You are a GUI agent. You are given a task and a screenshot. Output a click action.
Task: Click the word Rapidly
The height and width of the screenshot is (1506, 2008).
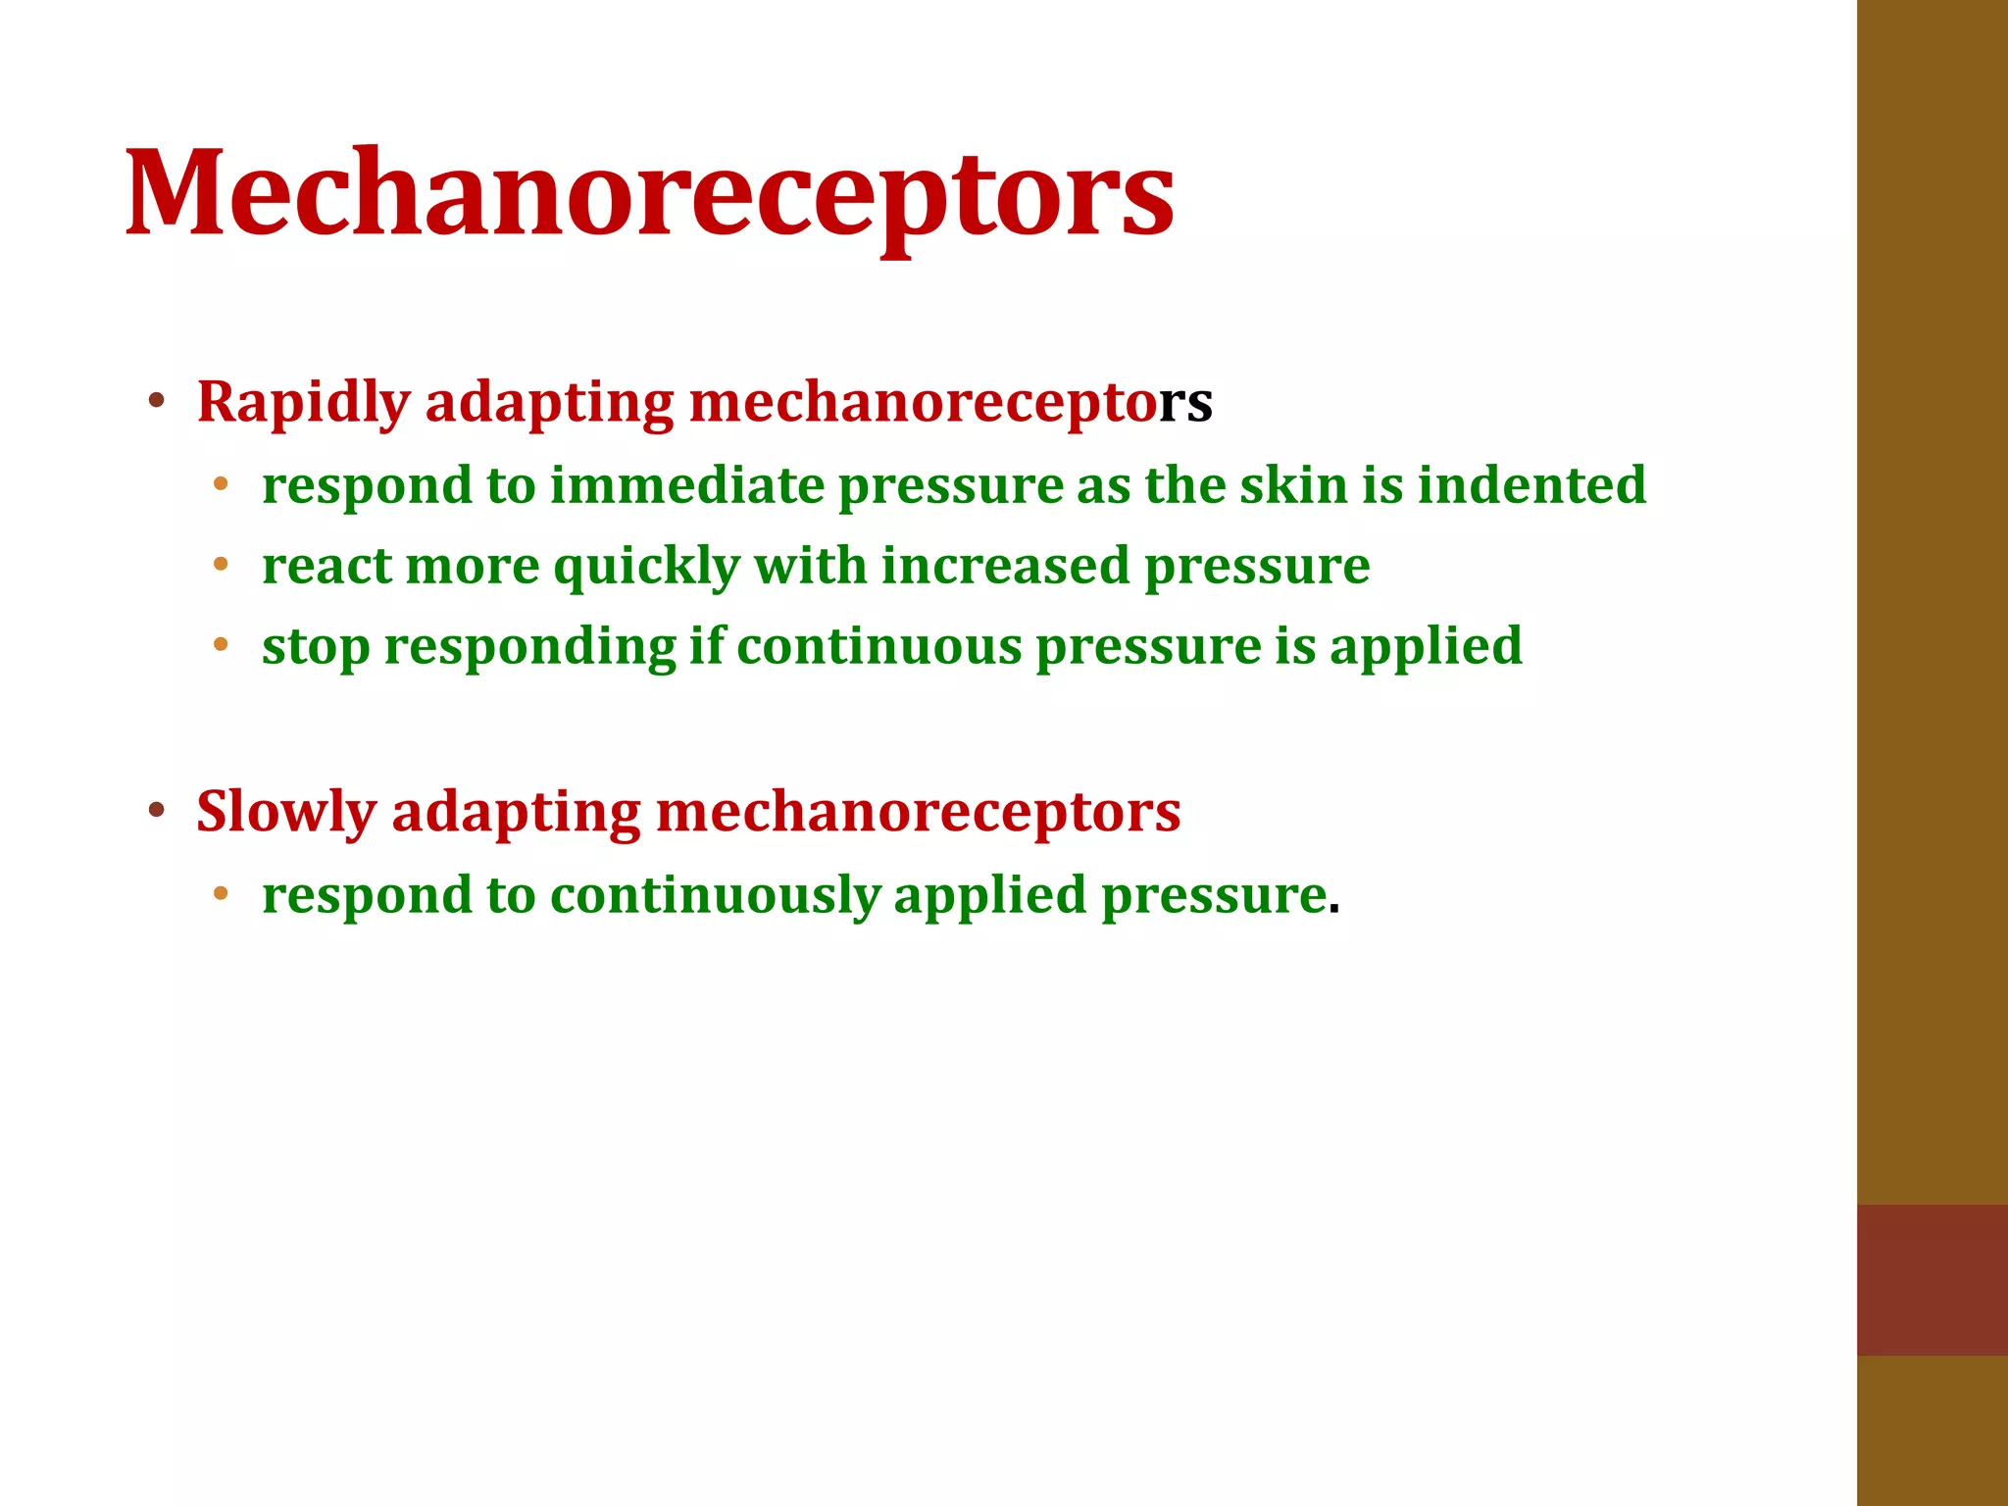303,403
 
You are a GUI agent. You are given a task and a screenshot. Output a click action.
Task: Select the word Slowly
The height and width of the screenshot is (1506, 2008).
285,813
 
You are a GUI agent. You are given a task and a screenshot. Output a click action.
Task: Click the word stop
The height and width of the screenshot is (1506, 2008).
316,648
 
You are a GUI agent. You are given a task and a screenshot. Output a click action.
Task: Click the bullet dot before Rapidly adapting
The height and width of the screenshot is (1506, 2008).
156,401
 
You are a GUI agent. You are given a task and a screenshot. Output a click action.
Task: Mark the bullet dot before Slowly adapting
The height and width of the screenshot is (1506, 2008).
156,811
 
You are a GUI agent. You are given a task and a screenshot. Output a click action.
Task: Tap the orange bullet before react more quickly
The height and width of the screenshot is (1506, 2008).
221,565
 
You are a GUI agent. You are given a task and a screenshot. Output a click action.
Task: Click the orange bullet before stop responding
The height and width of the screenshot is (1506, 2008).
221,645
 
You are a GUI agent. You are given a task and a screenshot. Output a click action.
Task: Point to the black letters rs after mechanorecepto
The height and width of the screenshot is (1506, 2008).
1185,403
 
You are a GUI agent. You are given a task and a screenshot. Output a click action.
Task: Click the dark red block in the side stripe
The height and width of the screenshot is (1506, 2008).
1932,1280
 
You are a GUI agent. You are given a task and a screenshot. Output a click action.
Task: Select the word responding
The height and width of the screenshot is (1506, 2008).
529,648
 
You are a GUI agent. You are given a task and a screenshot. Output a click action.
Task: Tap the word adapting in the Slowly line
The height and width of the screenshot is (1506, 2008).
515,813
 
